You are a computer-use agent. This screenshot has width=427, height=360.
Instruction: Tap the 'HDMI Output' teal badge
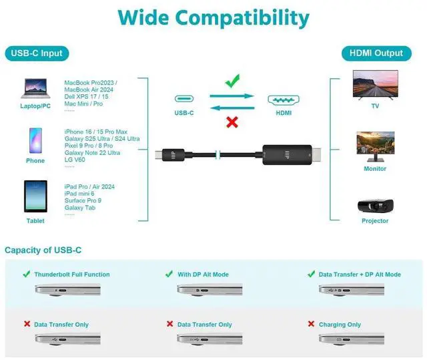point(376,53)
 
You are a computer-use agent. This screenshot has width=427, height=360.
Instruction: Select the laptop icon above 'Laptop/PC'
point(35,88)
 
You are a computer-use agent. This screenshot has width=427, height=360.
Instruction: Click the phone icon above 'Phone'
point(35,141)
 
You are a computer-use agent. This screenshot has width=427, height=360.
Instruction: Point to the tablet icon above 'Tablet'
point(35,196)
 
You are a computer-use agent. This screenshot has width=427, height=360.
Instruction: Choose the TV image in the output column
point(375,84)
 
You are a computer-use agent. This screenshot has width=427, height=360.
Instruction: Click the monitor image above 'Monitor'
point(375,146)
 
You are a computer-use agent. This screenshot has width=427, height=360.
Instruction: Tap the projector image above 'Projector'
point(375,205)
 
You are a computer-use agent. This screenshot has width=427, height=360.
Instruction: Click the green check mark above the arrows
point(232,81)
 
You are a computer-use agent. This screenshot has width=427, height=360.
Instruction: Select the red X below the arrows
point(232,122)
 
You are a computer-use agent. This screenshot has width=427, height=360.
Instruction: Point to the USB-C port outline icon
point(184,99)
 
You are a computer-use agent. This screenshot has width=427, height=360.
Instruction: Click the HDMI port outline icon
point(284,100)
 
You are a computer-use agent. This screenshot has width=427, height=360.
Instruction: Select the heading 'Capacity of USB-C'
point(43,250)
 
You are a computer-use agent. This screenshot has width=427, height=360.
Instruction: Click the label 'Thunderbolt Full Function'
point(72,275)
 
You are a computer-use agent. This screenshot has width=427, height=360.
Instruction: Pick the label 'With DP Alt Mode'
point(203,275)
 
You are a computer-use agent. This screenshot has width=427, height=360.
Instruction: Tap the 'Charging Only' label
point(340,325)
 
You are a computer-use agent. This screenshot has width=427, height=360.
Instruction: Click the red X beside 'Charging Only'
point(311,324)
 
